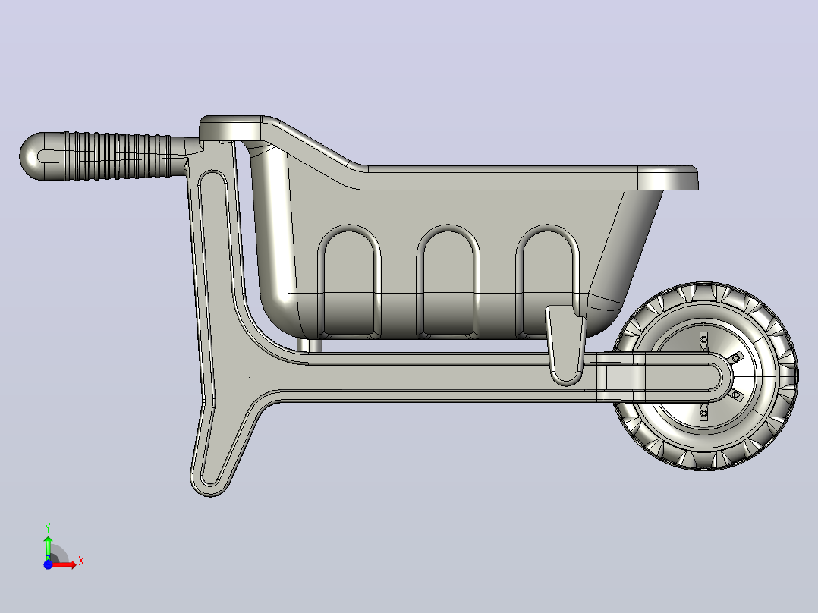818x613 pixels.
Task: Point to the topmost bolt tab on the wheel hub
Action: (x=703, y=340)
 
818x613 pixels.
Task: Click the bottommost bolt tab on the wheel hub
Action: (x=703, y=413)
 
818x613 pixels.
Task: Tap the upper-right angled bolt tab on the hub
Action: (x=735, y=358)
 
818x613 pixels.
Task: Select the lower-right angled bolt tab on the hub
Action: (x=735, y=395)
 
